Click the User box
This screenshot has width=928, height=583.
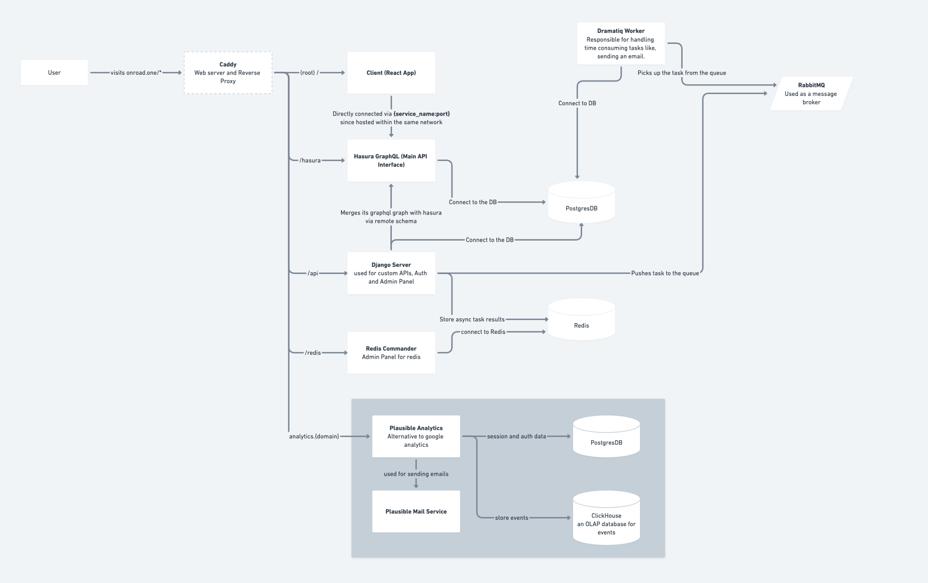(54, 73)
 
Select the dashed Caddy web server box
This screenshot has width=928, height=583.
(228, 73)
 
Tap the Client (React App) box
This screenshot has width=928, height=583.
(391, 73)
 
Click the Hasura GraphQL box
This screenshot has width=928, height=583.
(391, 160)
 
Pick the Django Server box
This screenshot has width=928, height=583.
(391, 273)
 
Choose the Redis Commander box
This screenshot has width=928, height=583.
(391, 352)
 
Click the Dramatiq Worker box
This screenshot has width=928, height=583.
(621, 44)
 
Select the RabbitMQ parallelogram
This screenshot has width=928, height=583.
(811, 94)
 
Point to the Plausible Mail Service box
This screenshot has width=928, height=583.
(416, 511)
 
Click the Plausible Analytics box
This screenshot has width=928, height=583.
(416, 436)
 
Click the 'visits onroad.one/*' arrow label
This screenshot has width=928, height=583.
(136, 73)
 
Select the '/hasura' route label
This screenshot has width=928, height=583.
(310, 160)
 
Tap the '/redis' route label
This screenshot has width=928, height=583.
(313, 352)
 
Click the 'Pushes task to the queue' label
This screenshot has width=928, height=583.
(665, 273)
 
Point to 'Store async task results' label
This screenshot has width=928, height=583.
(472, 319)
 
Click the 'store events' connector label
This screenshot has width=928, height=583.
(511, 518)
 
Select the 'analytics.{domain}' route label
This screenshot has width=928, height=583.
(314, 436)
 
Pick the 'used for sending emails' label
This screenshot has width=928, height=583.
(416, 474)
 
